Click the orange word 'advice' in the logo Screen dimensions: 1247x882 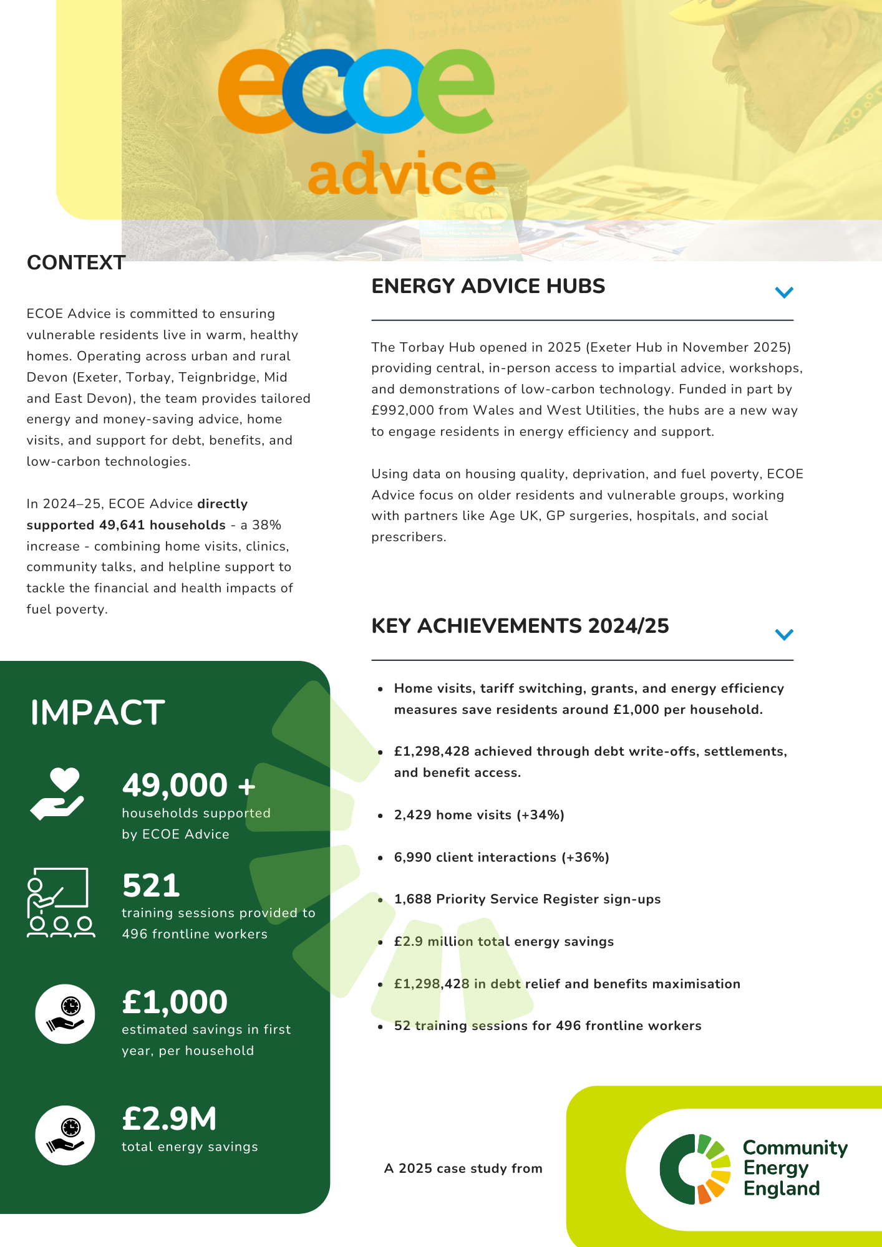(401, 173)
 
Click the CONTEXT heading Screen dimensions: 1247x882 (76, 262)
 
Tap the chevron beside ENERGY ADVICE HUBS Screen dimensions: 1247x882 (783, 292)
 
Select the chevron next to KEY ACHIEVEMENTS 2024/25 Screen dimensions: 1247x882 (783, 634)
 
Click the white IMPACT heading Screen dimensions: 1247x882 (97, 713)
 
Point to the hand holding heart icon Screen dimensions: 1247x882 (57, 793)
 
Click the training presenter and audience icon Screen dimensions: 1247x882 (61, 902)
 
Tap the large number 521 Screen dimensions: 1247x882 (151, 885)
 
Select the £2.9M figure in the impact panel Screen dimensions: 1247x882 (169, 1119)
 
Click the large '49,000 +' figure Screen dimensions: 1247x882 (188, 785)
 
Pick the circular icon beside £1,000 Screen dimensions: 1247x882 (65, 1014)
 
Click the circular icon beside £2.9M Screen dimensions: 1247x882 (65, 1135)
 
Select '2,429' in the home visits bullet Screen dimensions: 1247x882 (412, 815)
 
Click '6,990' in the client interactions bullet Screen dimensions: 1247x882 (412, 857)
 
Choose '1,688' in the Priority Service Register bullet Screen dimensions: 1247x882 (412, 899)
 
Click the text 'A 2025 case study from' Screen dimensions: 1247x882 (463, 1168)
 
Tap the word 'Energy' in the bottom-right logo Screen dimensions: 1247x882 (775, 1168)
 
